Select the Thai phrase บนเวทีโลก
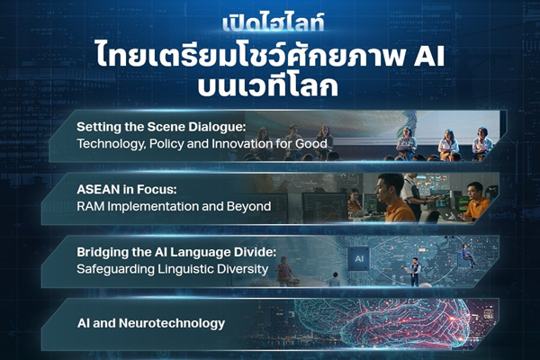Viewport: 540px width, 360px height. pyautogui.click(x=270, y=88)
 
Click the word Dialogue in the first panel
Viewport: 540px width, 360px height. pyautogui.click(x=221, y=127)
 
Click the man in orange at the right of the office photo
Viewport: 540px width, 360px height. pyautogui.click(x=476, y=200)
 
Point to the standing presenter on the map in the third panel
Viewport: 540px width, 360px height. pyautogui.click(x=415, y=269)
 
